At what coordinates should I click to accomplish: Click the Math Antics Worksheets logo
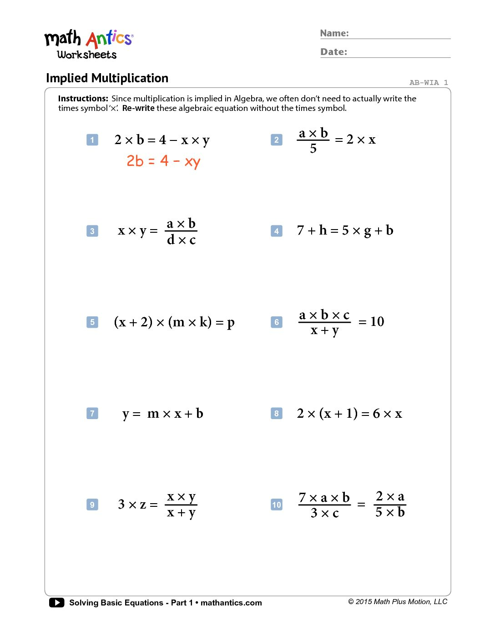88,45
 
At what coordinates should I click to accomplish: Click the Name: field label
334,33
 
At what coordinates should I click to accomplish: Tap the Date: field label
333,52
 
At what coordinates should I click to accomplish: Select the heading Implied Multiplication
107,78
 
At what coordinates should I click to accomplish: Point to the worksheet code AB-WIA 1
428,83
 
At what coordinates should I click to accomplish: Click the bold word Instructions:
83,99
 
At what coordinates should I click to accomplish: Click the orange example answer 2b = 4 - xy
163,161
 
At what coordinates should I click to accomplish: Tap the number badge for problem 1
92,140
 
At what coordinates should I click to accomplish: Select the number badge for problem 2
277,140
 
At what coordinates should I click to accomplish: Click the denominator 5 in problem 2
313,149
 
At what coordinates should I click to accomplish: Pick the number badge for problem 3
92,231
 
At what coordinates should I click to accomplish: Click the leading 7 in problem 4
300,230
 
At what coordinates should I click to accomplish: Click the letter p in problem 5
231,323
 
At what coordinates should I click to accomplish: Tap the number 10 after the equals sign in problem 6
377,322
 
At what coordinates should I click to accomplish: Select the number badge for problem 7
92,414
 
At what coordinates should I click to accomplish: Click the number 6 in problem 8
376,414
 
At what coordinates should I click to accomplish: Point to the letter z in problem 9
143,505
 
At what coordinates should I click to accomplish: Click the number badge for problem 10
277,505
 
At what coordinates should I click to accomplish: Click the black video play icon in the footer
56,603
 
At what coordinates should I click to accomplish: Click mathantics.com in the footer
231,603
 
